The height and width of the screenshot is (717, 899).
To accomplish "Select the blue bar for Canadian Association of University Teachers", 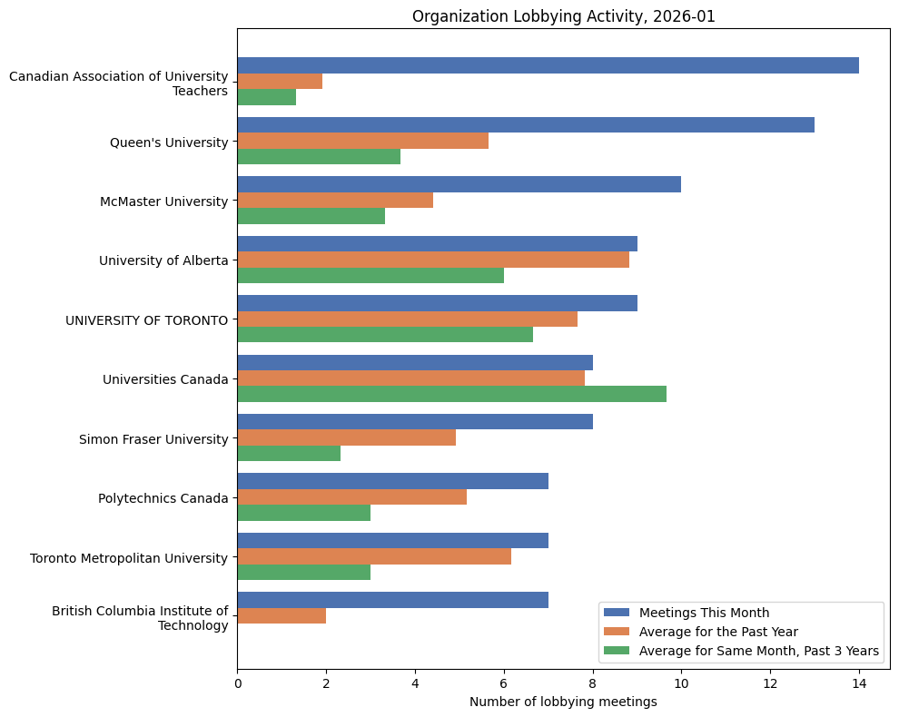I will tap(548, 65).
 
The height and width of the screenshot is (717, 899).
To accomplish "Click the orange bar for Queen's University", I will tap(363, 141).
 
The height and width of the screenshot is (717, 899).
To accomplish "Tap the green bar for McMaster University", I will tap(311, 216).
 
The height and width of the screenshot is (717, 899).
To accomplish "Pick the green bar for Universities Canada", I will tap(451, 394).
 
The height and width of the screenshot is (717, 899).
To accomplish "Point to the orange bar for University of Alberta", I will tap(433, 260).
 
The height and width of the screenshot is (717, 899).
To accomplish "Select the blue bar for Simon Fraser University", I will tap(415, 422).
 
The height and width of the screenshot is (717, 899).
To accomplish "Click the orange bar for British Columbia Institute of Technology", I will tap(282, 615).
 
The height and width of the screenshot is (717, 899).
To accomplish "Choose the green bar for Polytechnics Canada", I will tap(304, 513).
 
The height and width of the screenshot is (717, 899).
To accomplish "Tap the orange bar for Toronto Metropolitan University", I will tap(374, 556).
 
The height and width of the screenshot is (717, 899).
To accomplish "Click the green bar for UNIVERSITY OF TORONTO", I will tap(385, 335).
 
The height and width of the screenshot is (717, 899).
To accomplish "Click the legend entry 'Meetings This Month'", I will tap(704, 612).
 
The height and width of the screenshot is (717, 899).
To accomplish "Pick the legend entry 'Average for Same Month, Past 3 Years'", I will tap(758, 651).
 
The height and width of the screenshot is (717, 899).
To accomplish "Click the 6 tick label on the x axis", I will tap(504, 683).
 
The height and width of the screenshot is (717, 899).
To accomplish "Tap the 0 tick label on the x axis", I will tap(238, 683).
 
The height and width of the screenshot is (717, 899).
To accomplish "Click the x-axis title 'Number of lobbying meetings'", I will tap(563, 702).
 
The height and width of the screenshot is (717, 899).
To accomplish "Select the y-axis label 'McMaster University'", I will tap(163, 201).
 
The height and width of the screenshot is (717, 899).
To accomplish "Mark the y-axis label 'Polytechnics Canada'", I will tap(163, 497).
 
